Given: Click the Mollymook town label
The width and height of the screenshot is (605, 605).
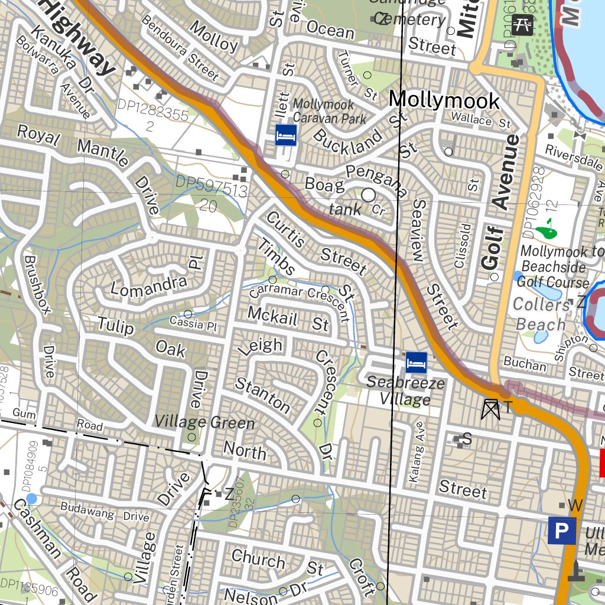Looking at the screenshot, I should tap(444, 100).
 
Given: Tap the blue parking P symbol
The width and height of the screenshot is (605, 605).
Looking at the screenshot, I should tap(561, 531).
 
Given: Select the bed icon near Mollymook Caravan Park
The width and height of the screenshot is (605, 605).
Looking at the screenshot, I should tap(286, 135).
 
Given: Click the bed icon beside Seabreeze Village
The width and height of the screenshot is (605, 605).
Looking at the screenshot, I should tap(416, 362).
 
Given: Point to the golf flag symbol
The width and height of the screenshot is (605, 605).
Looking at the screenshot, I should tap(547, 228).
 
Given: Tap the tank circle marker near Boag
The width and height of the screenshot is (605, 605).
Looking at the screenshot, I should tap(369, 194).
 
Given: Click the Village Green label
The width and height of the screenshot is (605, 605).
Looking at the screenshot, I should tap(204, 422).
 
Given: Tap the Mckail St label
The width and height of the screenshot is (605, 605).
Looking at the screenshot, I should tap(288, 318).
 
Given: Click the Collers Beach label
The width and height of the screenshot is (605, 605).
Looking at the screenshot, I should tap(541, 314).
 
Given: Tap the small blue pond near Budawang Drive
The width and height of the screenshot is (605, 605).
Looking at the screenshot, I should tap(32, 499).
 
